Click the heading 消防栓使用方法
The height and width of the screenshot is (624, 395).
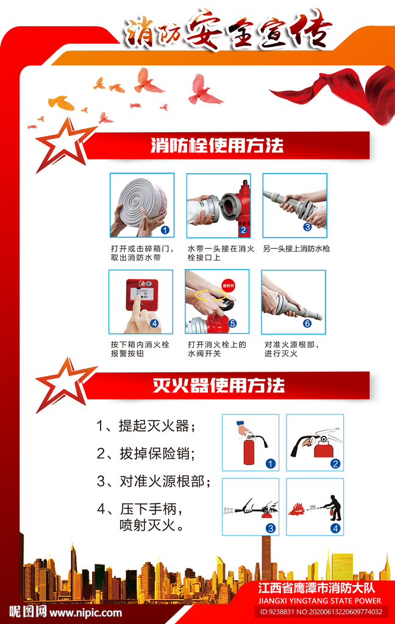pos(217,146)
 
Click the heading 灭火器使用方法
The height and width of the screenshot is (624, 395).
pos(219,385)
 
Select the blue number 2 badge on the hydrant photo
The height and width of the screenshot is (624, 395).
pos(243,230)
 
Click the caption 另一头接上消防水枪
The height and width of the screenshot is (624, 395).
pos(296,249)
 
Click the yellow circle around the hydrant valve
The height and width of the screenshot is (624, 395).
pos(211,294)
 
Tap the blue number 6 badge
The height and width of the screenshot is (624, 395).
pos(307,324)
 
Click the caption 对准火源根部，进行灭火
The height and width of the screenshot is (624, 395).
pos(292,349)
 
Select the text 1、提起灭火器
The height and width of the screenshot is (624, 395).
pos(146,426)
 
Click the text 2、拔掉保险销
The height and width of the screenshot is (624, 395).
pos(146,453)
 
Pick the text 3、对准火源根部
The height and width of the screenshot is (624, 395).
pos(154,481)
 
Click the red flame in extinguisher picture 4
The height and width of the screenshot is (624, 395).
pos(297,509)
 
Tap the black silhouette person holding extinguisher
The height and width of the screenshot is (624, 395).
pos(333,508)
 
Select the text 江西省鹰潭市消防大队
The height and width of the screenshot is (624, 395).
pos(316,588)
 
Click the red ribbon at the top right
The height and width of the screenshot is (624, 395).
pos(338,94)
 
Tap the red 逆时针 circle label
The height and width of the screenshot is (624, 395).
pos(228,285)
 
